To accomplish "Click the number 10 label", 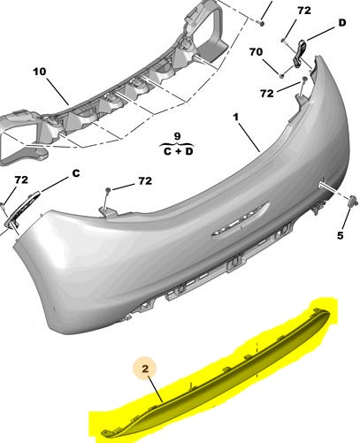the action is coord(40,72).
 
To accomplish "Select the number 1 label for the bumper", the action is coord(235,117).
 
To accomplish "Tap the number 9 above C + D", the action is coord(177,136).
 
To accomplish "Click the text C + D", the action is coord(178,151).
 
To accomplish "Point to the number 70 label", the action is coord(256,52).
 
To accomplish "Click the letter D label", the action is coord(342,23).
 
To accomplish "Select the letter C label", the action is coord(76,173).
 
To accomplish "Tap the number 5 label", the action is coord(341,235).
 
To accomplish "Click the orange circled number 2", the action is coord(145,369).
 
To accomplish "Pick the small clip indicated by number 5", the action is coord(353,201).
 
